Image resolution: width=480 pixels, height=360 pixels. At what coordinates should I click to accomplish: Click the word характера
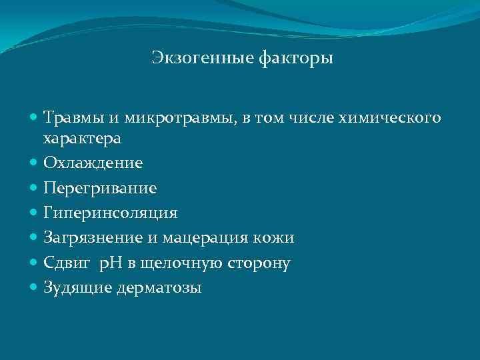tap(82, 139)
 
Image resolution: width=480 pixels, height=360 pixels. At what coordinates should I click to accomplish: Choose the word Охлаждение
tap(93, 163)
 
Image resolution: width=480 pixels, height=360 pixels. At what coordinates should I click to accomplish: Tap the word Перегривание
tap(100, 189)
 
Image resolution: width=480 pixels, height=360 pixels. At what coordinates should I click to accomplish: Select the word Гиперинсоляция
tap(111, 213)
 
